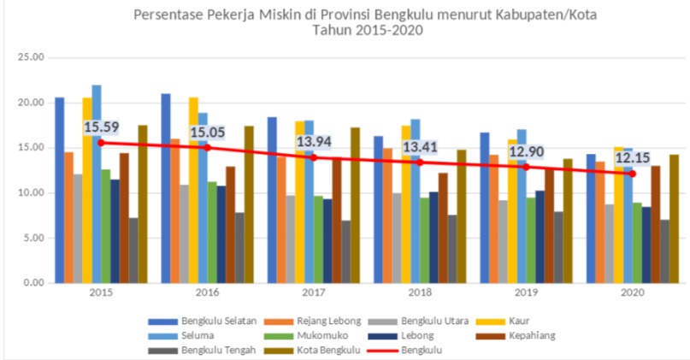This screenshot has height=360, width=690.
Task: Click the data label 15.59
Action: click(101, 127)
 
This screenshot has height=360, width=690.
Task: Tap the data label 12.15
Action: click(634, 158)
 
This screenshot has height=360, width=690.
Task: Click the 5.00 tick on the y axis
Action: click(33, 238)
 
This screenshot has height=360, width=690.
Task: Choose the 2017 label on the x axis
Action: click(312, 292)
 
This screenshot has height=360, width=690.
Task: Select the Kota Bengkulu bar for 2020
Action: click(673, 218)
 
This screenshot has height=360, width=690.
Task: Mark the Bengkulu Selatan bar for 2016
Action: click(166, 188)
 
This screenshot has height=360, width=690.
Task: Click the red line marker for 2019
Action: click(526, 167)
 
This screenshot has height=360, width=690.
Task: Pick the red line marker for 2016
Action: click(206, 147)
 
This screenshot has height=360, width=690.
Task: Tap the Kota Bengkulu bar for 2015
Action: click(142, 204)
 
